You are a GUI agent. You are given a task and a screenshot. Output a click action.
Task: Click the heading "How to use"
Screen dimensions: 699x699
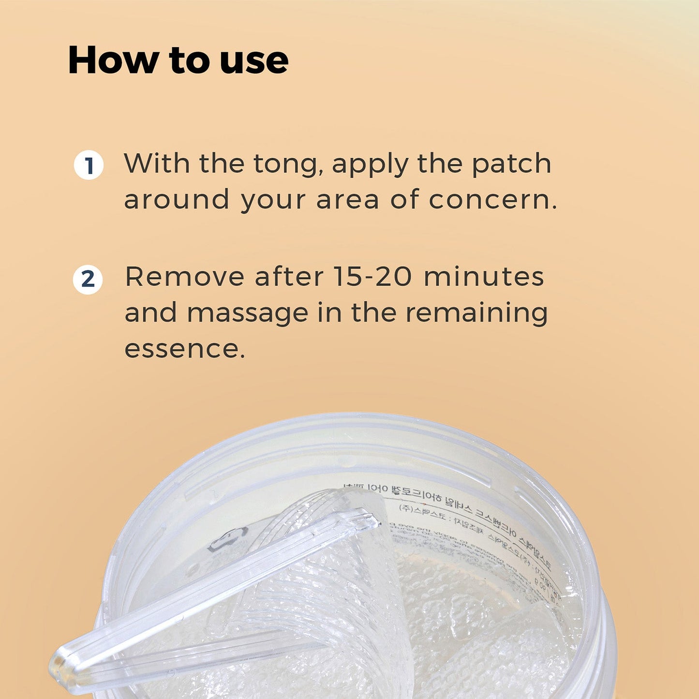[178, 60]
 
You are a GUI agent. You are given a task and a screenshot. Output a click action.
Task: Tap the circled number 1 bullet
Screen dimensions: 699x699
[89, 165]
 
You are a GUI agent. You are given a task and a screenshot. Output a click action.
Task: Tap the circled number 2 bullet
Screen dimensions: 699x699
[88, 280]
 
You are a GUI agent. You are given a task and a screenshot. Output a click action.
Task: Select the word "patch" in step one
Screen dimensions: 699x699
[511, 164]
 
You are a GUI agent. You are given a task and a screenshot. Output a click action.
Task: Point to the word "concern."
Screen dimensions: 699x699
[492, 200]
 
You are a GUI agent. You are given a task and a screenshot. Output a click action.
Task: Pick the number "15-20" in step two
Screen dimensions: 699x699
[372, 277]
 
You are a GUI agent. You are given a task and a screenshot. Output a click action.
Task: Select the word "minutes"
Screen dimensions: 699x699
[484, 277]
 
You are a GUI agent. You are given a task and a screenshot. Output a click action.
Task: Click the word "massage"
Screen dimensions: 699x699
[247, 313]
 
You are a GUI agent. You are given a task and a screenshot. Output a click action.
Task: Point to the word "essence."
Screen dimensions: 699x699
[184, 349]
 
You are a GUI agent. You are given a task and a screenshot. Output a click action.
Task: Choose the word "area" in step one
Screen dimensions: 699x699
[347, 200]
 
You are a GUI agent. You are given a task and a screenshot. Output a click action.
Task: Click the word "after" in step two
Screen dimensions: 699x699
[289, 277]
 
